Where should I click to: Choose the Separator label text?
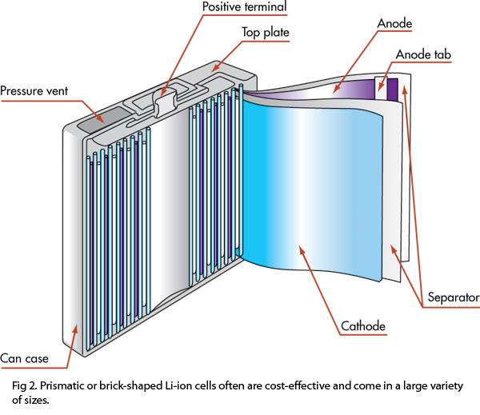(453, 298)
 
